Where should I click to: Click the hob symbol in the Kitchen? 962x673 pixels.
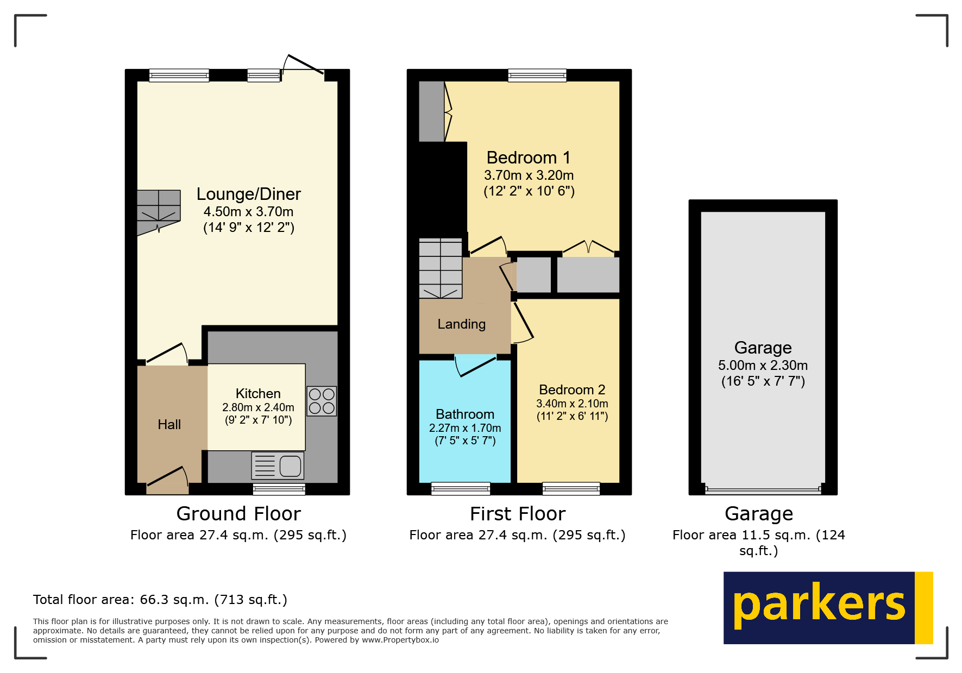point(322,401)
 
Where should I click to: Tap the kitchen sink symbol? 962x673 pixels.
point(278,466)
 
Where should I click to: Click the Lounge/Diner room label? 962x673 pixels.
point(248,194)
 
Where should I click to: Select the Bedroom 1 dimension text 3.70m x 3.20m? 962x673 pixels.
point(529,175)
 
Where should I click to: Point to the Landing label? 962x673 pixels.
point(461,324)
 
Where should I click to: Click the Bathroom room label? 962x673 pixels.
point(465,414)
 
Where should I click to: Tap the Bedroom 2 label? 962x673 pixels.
point(571,390)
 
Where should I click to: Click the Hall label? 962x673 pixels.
point(169,425)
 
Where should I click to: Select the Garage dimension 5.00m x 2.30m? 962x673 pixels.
point(763,366)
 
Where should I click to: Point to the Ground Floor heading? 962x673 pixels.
point(238,514)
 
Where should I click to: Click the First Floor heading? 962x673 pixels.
point(517,514)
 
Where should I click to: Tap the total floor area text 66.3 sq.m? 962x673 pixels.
point(160,600)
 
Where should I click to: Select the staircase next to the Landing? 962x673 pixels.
point(441,268)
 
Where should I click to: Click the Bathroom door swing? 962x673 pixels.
point(475,366)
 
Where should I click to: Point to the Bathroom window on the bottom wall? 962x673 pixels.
point(461,488)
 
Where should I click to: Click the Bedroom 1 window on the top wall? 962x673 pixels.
point(537,76)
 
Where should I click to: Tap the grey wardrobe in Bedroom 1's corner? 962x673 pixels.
point(432,111)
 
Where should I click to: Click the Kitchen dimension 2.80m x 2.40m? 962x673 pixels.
point(258,407)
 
